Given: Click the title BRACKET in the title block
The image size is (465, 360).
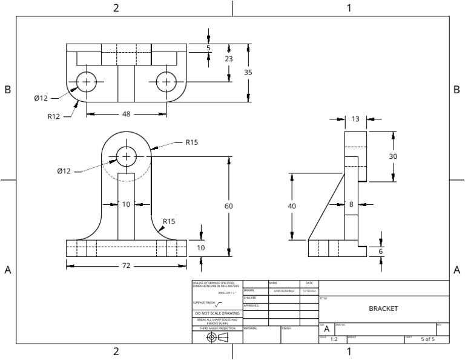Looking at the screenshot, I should pyautogui.click(x=383, y=308).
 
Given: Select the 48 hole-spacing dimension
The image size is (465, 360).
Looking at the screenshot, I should pyautogui.click(x=126, y=113).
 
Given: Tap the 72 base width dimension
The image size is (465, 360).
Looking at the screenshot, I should pyautogui.click(x=126, y=265).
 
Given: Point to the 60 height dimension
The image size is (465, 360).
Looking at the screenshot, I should pyautogui.click(x=229, y=206).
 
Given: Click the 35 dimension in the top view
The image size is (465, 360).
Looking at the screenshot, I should pyautogui.click(x=248, y=72).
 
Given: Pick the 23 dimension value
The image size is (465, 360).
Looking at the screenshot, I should pyautogui.click(x=229, y=59).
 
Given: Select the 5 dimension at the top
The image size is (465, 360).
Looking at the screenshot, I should pyautogui.click(x=208, y=47).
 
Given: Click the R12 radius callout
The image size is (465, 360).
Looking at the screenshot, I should pyautogui.click(x=54, y=116).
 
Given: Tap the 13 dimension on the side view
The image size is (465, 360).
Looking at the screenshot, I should pyautogui.click(x=355, y=119).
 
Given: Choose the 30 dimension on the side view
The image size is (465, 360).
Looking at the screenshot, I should pyautogui.click(x=393, y=156).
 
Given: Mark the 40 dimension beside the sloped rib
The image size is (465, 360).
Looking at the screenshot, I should pyautogui.click(x=292, y=206).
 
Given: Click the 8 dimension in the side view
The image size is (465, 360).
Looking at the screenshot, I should pyautogui.click(x=351, y=204).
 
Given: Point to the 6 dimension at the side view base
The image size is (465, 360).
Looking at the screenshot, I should pyautogui.click(x=381, y=252).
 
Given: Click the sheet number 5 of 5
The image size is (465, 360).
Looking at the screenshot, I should pyautogui.click(x=427, y=339).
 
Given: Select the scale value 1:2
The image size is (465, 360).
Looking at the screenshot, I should pyautogui.click(x=334, y=339).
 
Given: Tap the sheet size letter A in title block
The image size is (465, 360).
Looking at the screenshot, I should pyautogui.click(x=326, y=328).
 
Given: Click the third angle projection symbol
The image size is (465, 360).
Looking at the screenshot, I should pyautogui.click(x=217, y=337).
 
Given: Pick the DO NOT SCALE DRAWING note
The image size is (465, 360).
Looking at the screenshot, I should pyautogui.click(x=216, y=313).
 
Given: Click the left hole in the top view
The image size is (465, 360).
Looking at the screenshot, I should pyautogui.click(x=87, y=82).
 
